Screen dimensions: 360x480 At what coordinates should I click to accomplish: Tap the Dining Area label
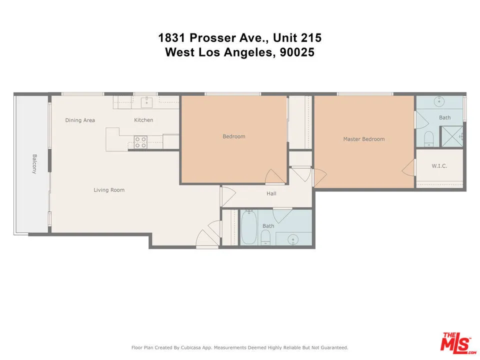(80, 120)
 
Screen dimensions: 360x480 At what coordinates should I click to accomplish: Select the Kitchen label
(143, 120)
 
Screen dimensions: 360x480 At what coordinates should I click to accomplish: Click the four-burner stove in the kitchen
(140, 142)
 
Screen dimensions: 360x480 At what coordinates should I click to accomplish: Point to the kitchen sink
(146, 102)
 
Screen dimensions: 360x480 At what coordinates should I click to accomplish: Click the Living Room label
(109, 190)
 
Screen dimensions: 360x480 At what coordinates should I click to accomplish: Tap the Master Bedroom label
(363, 139)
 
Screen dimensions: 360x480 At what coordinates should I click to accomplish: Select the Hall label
(271, 193)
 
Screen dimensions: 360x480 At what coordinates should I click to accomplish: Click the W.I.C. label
(439, 166)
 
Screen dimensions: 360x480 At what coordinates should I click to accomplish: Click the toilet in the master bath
(428, 137)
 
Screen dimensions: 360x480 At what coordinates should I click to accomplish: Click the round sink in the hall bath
(293, 239)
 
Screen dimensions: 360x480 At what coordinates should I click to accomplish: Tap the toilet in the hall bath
(266, 238)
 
